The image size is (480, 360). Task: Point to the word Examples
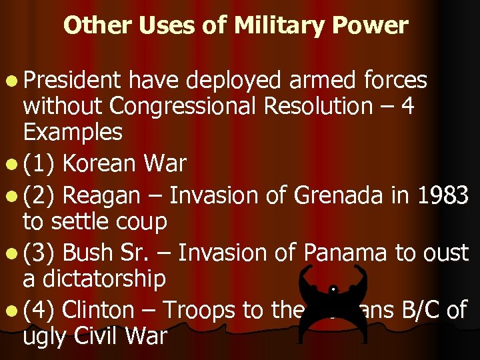coord(73,132)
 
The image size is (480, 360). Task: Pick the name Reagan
coord(103,195)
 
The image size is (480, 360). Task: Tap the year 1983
coord(443,195)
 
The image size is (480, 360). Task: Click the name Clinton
coord(105,311)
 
